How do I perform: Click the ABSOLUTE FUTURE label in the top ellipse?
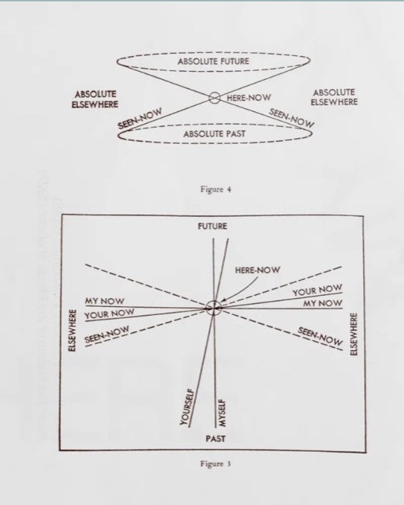[x=213, y=62]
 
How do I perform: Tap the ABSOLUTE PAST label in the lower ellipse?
[x=215, y=133]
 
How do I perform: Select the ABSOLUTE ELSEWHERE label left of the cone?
[x=95, y=99]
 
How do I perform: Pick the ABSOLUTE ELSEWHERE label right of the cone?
[x=334, y=97]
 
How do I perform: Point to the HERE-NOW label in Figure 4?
[x=249, y=98]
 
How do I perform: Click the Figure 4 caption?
[x=215, y=189]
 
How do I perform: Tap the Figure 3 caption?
[x=215, y=464]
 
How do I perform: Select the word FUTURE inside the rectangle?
[x=212, y=226]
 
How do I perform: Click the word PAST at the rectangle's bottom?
[x=215, y=439]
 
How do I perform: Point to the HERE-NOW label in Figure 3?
[x=257, y=270]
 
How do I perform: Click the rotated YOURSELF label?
[x=187, y=407]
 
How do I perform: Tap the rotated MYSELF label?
[x=222, y=413]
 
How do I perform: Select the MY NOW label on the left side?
[x=104, y=301]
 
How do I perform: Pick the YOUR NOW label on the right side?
[x=317, y=290]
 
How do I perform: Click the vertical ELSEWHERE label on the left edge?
[x=73, y=331]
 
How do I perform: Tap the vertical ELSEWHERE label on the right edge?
[x=353, y=335]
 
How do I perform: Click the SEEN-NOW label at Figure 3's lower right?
[x=320, y=336]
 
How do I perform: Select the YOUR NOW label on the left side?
[x=110, y=314]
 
